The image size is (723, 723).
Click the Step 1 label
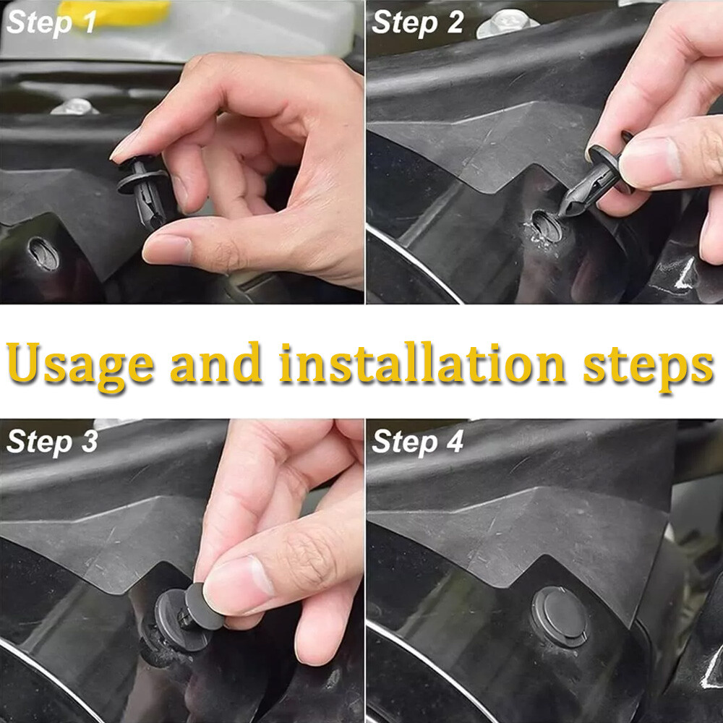tap(51, 22)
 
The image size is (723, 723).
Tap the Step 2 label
tap(417, 22)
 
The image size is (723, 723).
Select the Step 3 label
tap(52, 441)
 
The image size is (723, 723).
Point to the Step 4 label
tap(417, 441)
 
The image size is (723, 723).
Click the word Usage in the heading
tap(80, 366)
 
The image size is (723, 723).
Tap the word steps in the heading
tap(649, 367)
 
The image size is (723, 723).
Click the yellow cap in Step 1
tap(114, 12)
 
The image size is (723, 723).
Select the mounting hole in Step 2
tap(547, 226)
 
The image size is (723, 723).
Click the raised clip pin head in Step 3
tap(204, 607)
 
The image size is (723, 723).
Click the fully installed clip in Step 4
tap(560, 616)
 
